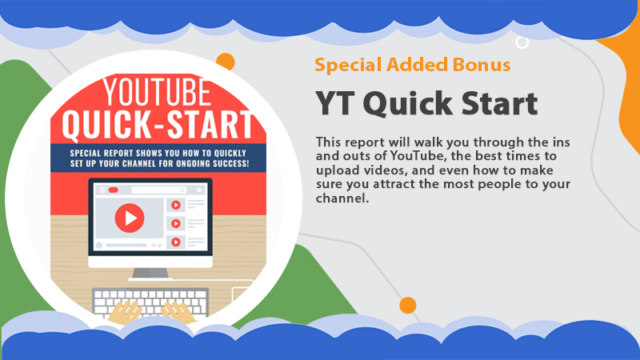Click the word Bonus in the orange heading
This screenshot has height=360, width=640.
[482, 65]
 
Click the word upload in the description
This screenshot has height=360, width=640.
[338, 170]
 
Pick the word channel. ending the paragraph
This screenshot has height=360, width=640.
[342, 198]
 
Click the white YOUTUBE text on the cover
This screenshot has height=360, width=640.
[157, 92]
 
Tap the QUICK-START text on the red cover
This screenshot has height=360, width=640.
[158, 124]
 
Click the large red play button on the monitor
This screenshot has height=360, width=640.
[130, 218]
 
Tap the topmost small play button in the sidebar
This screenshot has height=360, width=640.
[176, 205]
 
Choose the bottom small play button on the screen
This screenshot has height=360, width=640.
[176, 242]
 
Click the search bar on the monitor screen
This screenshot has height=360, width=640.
[158, 190]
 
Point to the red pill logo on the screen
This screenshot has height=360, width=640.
[114, 190]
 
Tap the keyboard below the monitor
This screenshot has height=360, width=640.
[150, 302]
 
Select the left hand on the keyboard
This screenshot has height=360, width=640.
[125, 312]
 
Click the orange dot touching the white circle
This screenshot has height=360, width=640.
[226, 62]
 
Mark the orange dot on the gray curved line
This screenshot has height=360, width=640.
[408, 306]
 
